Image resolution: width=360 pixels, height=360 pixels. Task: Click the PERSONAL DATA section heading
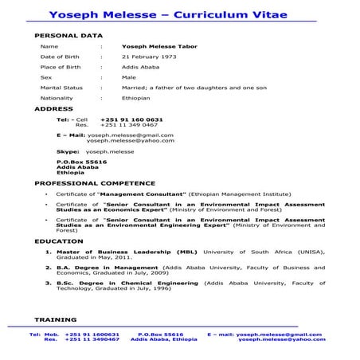pos(68,36)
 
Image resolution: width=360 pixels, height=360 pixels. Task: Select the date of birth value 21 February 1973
pos(148,57)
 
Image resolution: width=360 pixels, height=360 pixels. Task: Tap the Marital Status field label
pos(61,88)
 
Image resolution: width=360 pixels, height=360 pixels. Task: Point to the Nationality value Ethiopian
pos(135,98)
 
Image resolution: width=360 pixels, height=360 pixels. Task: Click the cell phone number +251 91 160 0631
pos(131,119)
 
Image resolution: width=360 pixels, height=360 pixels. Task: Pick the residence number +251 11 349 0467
pos(129,125)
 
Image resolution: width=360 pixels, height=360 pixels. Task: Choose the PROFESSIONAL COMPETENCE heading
pos(88,183)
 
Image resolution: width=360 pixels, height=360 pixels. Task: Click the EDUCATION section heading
pos(58,241)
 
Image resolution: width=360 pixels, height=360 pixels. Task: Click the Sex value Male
pos(129,77)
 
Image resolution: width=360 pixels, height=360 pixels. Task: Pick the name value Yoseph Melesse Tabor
pos(159,46)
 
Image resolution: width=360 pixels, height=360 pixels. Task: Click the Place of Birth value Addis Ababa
pos(140,67)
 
